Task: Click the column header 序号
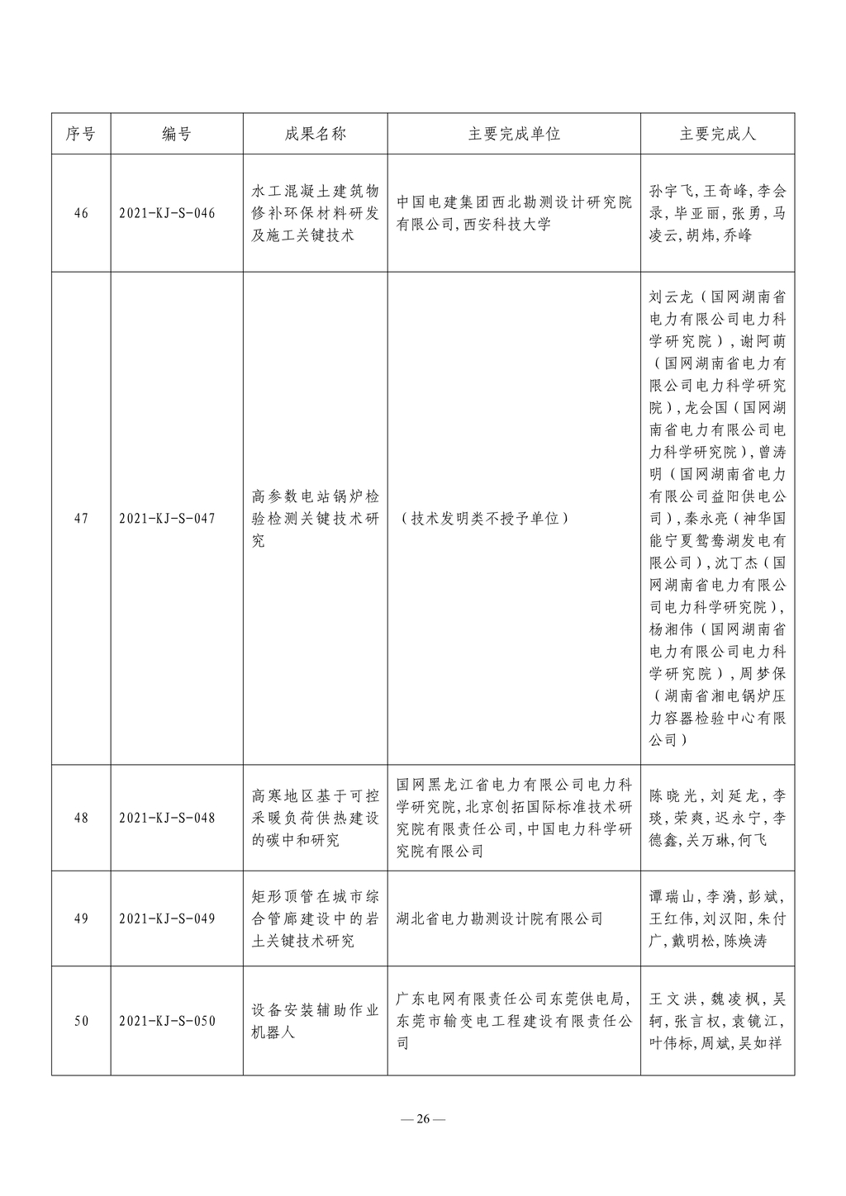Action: (x=81, y=134)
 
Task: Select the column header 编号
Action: (x=177, y=134)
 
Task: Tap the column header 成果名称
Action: (x=316, y=134)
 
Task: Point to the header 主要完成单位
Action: (x=514, y=134)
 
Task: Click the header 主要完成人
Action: (x=717, y=134)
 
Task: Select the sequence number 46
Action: (x=81, y=213)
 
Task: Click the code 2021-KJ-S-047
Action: (x=167, y=519)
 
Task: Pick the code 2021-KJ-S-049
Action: (x=167, y=918)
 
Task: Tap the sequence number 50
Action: (x=81, y=1021)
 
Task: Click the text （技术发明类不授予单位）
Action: (x=483, y=519)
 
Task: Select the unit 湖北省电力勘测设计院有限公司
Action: (x=500, y=918)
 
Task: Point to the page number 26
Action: (x=423, y=1119)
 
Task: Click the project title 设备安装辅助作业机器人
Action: (x=316, y=1021)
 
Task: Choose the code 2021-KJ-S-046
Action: (x=167, y=213)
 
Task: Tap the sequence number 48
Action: (x=81, y=818)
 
